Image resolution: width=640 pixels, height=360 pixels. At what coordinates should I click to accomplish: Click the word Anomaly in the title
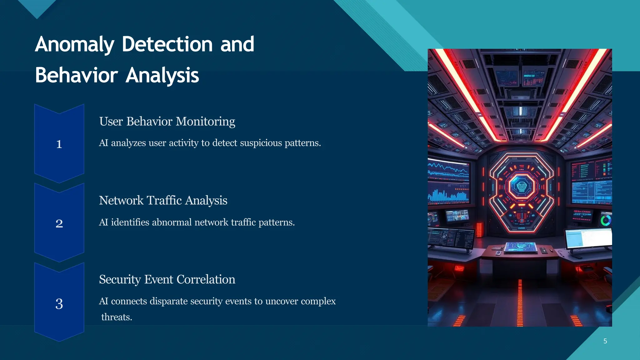tap(74, 44)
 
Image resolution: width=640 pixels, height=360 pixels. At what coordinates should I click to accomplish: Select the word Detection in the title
tap(167, 44)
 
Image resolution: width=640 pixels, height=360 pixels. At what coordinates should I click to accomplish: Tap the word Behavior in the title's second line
tap(76, 75)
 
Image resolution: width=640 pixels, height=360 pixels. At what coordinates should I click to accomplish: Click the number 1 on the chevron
tap(59, 144)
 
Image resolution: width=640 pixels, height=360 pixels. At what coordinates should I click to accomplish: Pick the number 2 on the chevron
tap(59, 223)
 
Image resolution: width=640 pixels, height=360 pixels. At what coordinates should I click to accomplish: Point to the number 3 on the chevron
tap(59, 304)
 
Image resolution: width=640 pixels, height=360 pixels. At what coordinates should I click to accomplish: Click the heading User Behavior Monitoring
tap(167, 121)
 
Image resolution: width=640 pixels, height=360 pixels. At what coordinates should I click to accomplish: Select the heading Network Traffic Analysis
tap(163, 200)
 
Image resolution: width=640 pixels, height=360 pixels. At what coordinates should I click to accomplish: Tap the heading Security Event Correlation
tap(167, 279)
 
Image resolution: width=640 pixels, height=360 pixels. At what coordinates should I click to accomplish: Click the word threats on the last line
tap(117, 317)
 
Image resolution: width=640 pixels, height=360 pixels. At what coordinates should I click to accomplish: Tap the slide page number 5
tap(605, 341)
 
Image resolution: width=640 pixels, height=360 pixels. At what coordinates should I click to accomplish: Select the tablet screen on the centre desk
tap(520, 247)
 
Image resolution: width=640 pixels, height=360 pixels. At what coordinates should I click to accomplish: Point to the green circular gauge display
tap(606, 220)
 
